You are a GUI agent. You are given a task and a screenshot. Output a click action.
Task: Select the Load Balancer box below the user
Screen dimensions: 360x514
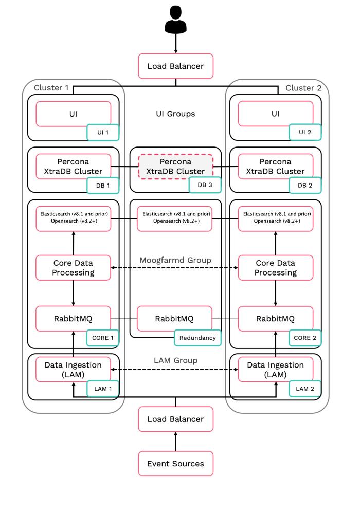176,66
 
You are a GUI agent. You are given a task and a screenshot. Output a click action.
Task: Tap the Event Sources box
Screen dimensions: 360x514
176,464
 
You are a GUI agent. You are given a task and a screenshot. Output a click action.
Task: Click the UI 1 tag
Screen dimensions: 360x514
103,133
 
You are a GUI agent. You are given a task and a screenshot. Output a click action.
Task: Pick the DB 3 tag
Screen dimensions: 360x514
205,185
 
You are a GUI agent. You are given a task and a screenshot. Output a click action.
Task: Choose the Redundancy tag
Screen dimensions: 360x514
197,338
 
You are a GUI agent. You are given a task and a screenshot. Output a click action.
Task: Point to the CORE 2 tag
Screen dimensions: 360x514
305,338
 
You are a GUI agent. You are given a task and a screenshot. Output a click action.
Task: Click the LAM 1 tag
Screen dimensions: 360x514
103,389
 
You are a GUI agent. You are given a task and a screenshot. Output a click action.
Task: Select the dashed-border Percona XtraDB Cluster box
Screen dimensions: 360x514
176,167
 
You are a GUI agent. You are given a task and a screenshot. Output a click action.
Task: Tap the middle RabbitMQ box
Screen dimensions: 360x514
174,319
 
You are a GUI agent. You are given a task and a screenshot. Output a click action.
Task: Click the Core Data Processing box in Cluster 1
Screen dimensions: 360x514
73,268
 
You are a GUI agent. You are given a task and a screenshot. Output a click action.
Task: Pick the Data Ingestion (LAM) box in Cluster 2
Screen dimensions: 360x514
276,370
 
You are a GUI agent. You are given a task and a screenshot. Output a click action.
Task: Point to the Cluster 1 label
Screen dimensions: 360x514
51,88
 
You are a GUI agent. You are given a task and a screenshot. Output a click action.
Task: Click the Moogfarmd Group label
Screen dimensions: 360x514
175,260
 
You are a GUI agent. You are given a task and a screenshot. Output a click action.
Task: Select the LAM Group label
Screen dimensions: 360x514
176,361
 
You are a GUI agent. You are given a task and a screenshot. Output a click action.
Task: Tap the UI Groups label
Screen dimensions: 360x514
176,114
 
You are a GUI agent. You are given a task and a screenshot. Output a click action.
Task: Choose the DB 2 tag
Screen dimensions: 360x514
305,186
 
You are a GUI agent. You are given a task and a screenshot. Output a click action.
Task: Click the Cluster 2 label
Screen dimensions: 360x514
303,88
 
